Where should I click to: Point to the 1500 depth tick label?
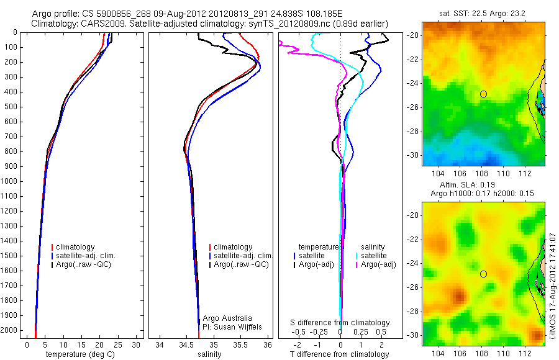pyautogui.click(x=9, y=256)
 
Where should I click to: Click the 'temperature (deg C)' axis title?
pyautogui.click(x=81, y=354)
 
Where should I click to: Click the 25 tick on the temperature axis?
pyautogui.click(x=118, y=344)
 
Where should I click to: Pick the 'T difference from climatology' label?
pyautogui.click(x=340, y=354)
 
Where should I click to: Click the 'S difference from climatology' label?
pyautogui.click(x=340, y=323)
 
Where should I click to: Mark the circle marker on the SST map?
pyautogui.click(x=483, y=94)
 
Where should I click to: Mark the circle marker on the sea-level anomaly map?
pyautogui.click(x=483, y=274)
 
